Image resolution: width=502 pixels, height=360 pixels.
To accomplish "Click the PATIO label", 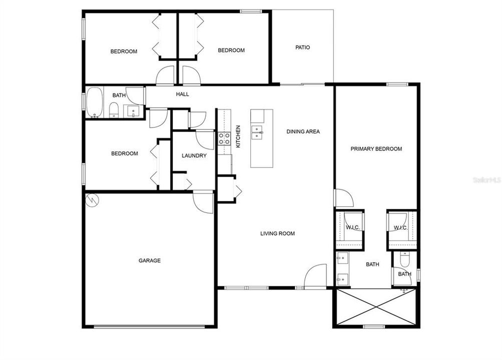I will click(302, 47).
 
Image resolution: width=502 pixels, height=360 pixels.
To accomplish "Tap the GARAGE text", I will click(150, 260).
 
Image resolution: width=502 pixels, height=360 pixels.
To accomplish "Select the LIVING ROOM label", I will click(277, 233).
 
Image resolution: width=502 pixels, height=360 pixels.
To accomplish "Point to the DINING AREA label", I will click(303, 132).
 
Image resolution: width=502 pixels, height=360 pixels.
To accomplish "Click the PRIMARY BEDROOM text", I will click(376, 149).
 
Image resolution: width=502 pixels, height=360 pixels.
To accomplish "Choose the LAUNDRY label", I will click(194, 156).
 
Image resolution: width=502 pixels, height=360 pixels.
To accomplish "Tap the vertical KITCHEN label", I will click(238, 136).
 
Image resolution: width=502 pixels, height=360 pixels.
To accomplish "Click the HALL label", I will click(182, 94).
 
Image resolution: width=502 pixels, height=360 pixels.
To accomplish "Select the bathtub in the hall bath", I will click(94, 103).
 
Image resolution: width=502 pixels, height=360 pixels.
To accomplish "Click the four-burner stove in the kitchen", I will click(224, 138).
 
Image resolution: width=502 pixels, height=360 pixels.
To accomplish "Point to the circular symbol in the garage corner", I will click(92, 200).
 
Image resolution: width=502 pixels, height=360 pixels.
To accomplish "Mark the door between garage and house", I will click(203, 202).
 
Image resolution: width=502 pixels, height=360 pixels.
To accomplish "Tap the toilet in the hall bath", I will click(114, 109).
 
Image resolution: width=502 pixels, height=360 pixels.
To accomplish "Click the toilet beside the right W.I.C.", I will click(405, 258).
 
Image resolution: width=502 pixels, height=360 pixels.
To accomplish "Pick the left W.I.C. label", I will click(351, 228).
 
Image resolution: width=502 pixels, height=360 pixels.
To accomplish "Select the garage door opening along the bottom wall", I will click(149, 327).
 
